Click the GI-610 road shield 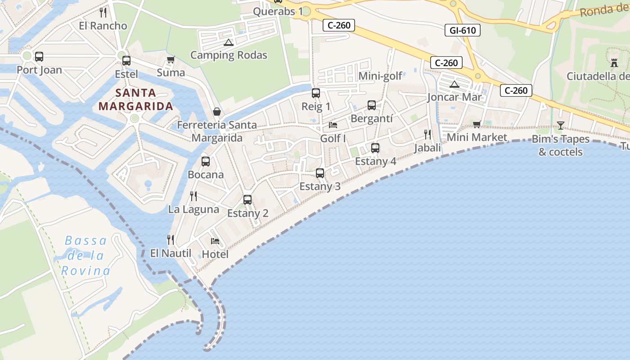tap(462, 30)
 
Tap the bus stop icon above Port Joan tap(39, 57)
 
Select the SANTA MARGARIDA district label tap(135, 99)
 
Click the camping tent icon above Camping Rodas tap(229, 43)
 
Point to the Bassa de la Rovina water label tap(85, 256)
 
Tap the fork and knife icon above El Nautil tap(171, 239)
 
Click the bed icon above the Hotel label tap(215, 241)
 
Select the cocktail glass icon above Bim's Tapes tap(560, 125)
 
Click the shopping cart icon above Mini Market tap(477, 124)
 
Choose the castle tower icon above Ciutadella tap(614, 62)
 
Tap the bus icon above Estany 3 tap(320, 173)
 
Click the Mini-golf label tap(380, 76)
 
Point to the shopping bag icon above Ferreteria tap(217, 112)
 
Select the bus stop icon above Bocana tap(206, 161)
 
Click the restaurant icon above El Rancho tap(103, 12)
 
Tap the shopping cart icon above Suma tap(171, 59)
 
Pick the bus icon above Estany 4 tap(375, 148)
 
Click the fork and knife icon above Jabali tap(427, 134)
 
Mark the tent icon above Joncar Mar tap(454, 84)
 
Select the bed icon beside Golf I tap(333, 125)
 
